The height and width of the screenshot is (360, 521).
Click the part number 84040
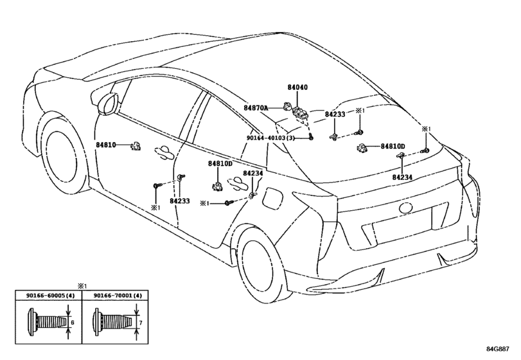pos(297,87)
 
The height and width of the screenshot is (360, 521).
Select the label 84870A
pos(256,108)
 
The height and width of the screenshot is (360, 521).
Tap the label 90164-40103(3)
pos(270,138)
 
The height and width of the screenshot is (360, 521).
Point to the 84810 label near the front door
pos(106,145)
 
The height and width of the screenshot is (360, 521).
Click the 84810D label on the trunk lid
pos(393,147)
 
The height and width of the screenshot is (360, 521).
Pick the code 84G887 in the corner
pos(497,349)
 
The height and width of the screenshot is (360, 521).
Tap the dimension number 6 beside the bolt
pos(73,323)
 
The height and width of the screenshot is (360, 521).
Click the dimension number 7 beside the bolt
pos(141,323)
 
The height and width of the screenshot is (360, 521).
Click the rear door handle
pos(238,184)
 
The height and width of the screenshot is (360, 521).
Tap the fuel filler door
pos(273,199)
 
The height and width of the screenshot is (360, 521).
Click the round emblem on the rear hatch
pos(406,208)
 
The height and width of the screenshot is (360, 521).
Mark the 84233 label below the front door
pos(179,201)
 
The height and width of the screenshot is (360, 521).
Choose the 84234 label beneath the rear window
pos(402,177)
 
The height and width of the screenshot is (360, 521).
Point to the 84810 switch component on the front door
pos(136,145)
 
